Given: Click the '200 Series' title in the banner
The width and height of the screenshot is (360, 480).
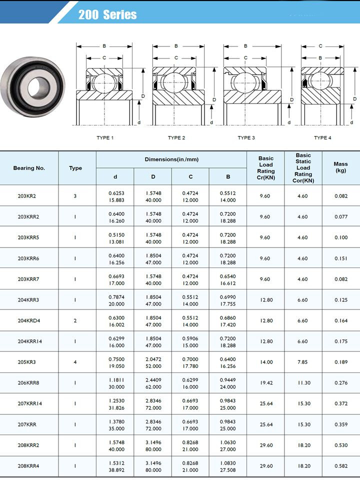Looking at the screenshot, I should point(107,14).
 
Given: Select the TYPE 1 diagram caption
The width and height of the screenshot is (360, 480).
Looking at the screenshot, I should point(105,137).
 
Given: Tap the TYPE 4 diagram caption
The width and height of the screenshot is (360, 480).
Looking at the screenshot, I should point(322,137).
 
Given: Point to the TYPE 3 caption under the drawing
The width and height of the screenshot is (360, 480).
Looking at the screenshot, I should point(246,137).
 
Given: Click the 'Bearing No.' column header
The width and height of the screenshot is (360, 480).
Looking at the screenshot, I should point(29,168).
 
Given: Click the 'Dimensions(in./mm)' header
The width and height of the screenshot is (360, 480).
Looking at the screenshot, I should point(171,159).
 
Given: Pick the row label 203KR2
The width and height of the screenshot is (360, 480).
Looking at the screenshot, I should point(27,196).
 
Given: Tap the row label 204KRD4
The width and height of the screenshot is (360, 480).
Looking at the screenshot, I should point(28,320).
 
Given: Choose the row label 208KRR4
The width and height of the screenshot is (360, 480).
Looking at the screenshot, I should point(28,466).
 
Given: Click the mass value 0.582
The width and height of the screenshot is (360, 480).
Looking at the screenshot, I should point(341,466).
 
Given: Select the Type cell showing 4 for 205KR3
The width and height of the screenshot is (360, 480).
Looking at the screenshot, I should point(75,362).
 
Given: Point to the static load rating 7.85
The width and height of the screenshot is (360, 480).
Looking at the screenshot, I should point(302,362).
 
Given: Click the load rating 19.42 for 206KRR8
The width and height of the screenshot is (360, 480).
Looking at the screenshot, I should point(265,383).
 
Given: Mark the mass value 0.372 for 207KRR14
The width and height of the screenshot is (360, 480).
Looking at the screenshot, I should point(341,403).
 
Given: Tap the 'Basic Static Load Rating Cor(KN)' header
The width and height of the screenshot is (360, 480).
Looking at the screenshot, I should point(303,168).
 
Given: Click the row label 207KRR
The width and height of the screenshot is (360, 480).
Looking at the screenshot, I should point(27,424).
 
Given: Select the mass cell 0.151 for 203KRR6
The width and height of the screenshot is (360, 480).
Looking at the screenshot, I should point(341,258).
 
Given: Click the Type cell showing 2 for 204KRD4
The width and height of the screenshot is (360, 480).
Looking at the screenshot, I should point(75,320).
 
